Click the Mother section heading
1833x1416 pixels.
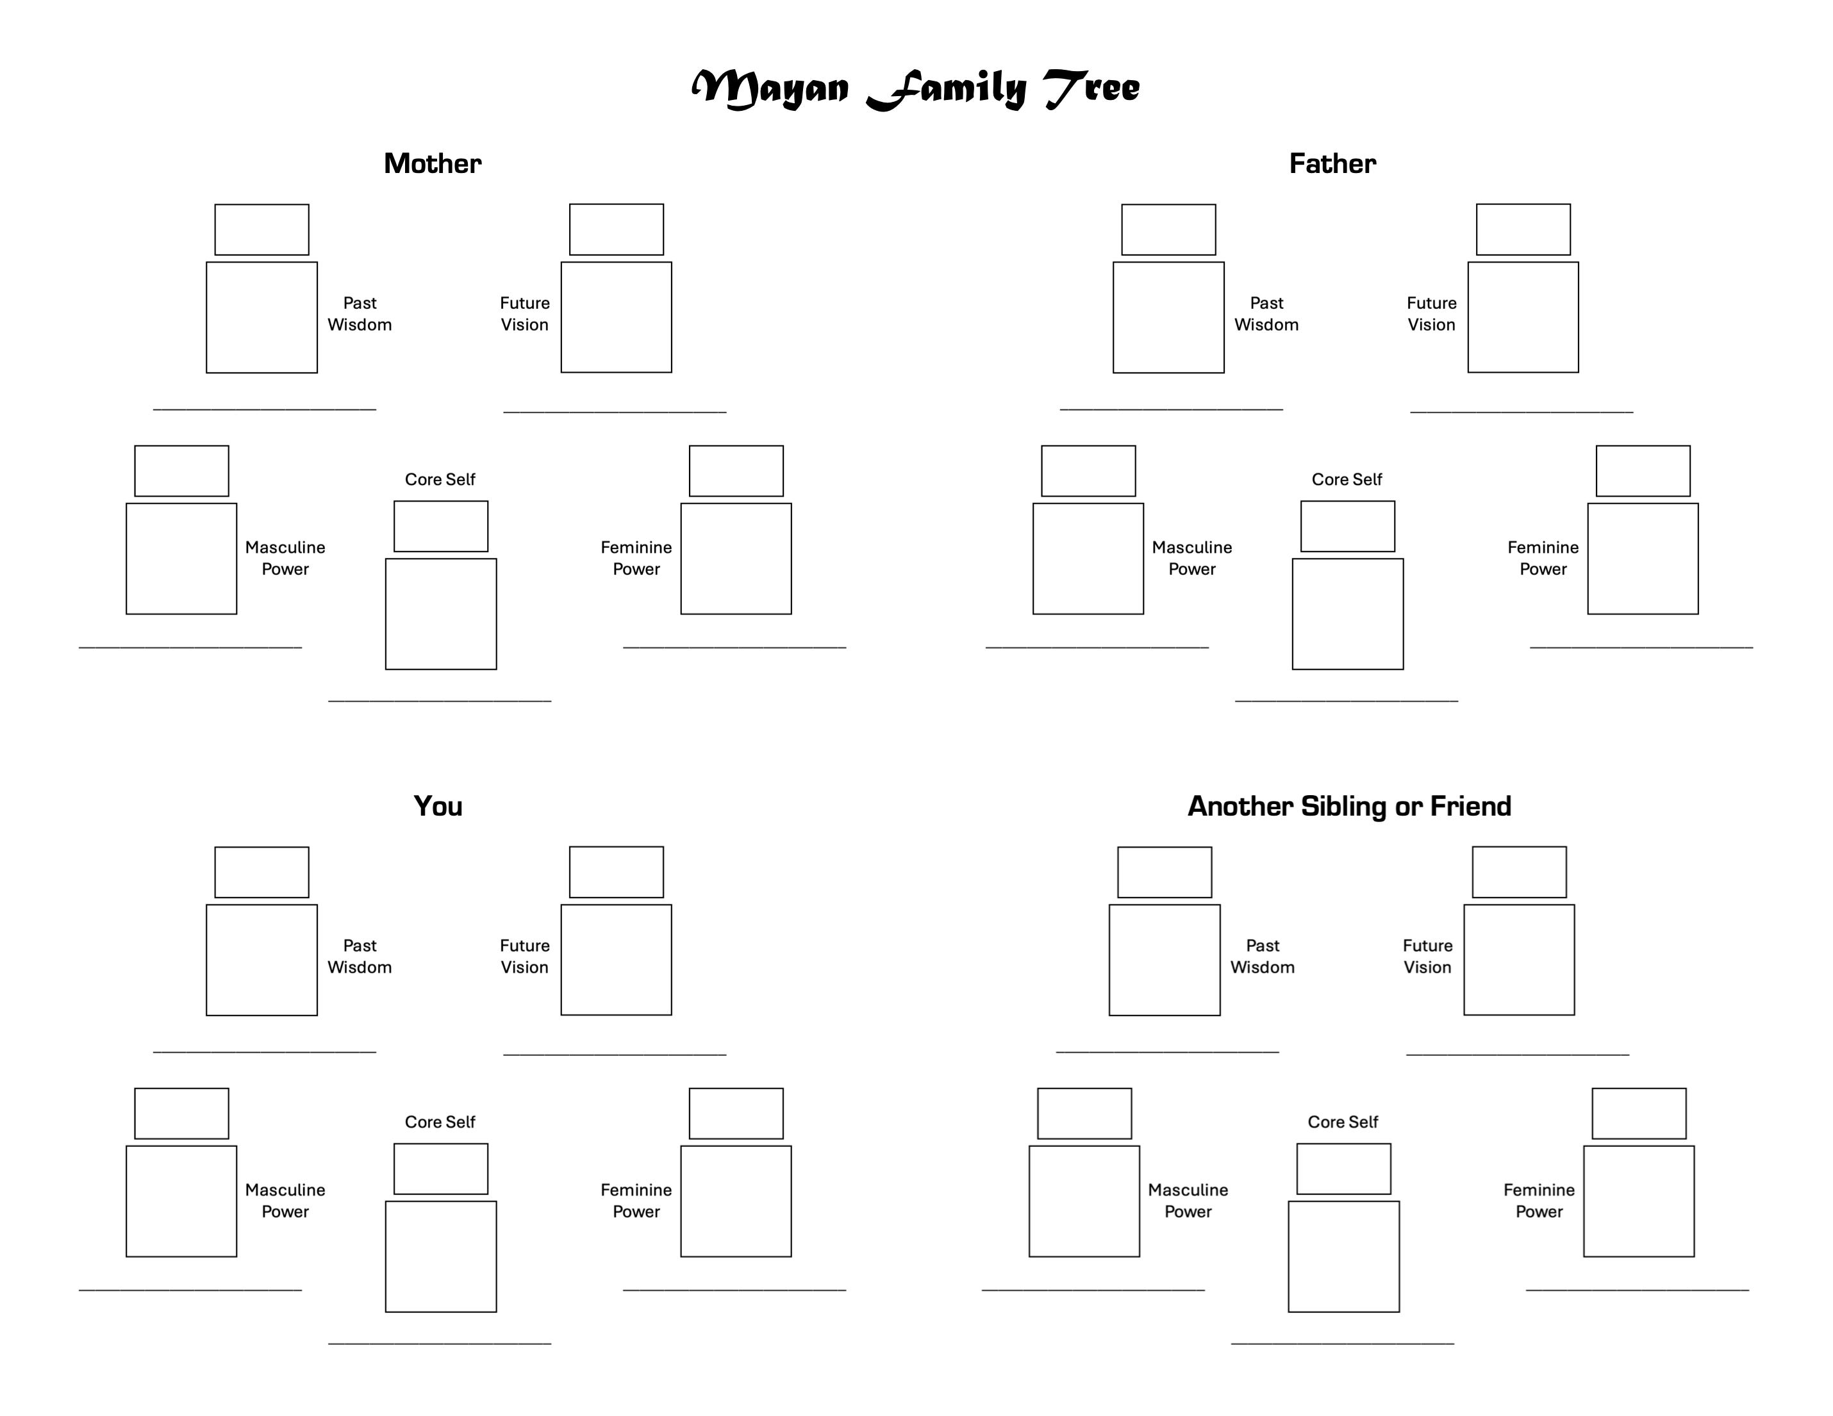(x=432, y=163)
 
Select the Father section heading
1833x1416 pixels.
(x=1333, y=163)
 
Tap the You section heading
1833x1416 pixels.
(x=438, y=806)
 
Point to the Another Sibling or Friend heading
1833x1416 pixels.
(x=1350, y=806)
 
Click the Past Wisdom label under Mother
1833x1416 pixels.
(x=359, y=314)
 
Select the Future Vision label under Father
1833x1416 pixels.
(x=1432, y=314)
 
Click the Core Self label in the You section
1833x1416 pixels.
(x=440, y=1123)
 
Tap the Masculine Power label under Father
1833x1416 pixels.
(x=1192, y=558)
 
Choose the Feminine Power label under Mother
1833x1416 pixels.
(x=636, y=558)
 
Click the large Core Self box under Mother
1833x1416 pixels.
(x=441, y=614)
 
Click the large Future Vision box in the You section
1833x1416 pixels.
(x=616, y=960)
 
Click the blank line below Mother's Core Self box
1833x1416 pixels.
(x=440, y=700)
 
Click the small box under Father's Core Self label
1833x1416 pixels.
(x=1347, y=527)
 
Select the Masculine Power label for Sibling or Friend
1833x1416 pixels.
(x=1188, y=1201)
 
